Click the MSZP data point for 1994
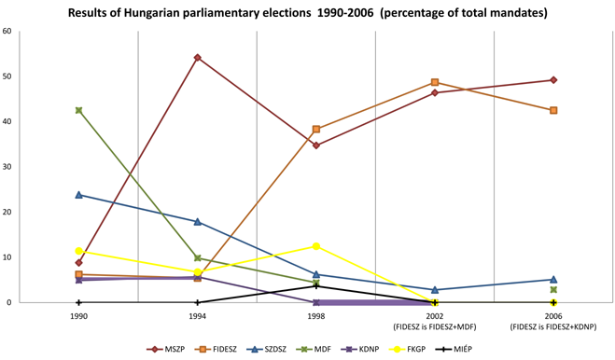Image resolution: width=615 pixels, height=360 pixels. (x=198, y=58)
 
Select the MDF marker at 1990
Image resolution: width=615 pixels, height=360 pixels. (x=79, y=110)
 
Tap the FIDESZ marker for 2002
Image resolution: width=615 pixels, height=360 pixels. (x=435, y=83)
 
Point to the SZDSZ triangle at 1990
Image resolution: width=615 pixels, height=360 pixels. (x=79, y=195)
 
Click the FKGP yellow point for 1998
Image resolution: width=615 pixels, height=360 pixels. (x=316, y=246)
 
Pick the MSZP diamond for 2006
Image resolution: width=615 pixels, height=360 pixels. (x=553, y=80)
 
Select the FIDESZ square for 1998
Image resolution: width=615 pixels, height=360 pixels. (x=316, y=130)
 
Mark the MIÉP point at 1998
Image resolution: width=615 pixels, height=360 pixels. (x=316, y=286)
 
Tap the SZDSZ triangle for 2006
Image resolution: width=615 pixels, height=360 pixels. (x=553, y=279)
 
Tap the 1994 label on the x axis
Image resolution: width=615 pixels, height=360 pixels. (x=198, y=316)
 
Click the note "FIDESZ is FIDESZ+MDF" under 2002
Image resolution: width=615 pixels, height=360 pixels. (x=435, y=327)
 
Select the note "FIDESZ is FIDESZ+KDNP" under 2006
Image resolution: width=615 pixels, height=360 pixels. (x=553, y=327)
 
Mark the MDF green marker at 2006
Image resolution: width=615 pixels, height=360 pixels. (x=553, y=290)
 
